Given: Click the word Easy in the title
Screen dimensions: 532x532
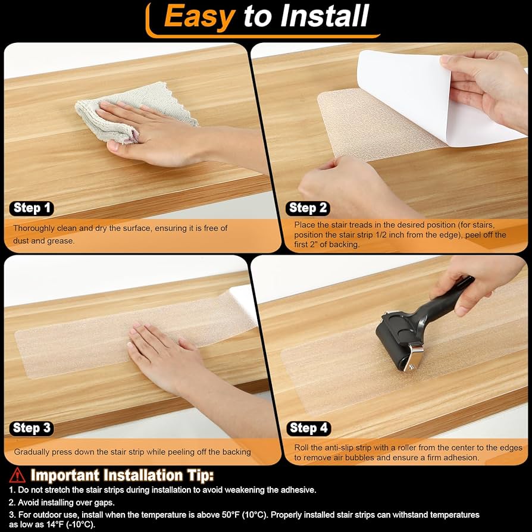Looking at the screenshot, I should click(x=199, y=16).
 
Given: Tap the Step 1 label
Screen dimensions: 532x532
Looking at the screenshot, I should click(x=32, y=208).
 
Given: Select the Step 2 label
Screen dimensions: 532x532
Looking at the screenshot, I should click(x=308, y=208).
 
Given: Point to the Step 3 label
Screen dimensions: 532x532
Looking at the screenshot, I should click(x=32, y=427).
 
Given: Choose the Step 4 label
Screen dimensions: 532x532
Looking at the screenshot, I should click(x=308, y=427).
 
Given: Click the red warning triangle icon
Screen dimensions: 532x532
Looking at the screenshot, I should click(x=17, y=475).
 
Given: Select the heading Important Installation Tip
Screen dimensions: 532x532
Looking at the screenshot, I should click(x=122, y=475).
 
